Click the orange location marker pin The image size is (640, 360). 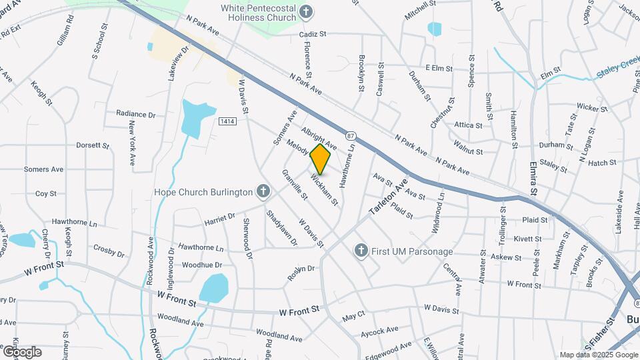click(321, 159)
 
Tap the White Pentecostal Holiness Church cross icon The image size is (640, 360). click(305, 11)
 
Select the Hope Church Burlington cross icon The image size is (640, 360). click(263, 192)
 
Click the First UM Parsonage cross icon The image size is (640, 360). click(361, 251)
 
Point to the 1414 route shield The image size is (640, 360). click(227, 121)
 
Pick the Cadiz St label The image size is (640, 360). click(313, 33)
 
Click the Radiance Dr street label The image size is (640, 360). click(135, 114)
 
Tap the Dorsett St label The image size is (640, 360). click(92, 145)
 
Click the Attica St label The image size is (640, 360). click(468, 125)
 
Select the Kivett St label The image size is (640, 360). click(527, 238)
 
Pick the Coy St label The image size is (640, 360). click(45, 193)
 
